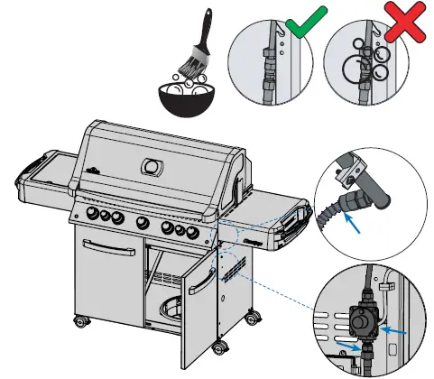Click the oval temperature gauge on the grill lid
152,167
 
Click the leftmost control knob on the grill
92,213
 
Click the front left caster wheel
82,321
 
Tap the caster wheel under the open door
219,347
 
